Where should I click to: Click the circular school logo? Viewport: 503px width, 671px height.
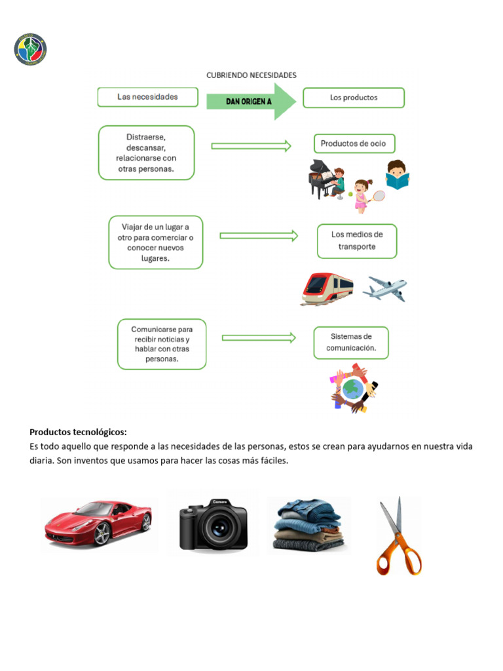click(30, 50)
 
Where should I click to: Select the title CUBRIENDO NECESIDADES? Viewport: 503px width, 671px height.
click(251, 75)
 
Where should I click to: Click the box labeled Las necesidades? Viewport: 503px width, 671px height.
click(147, 97)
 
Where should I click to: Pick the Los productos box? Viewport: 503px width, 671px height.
click(354, 98)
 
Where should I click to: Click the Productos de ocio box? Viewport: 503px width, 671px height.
click(354, 144)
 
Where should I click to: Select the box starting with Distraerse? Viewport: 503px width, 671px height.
click(146, 153)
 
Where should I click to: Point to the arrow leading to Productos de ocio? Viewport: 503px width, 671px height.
click(251, 146)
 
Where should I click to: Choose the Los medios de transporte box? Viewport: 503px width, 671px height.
click(357, 240)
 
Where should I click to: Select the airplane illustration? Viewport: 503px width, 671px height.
click(385, 288)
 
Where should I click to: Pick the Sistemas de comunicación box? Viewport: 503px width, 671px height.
click(351, 343)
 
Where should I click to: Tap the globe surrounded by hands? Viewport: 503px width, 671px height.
click(354, 389)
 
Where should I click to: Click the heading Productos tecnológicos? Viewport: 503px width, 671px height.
click(78, 432)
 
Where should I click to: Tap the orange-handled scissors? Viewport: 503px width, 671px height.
click(398, 537)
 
